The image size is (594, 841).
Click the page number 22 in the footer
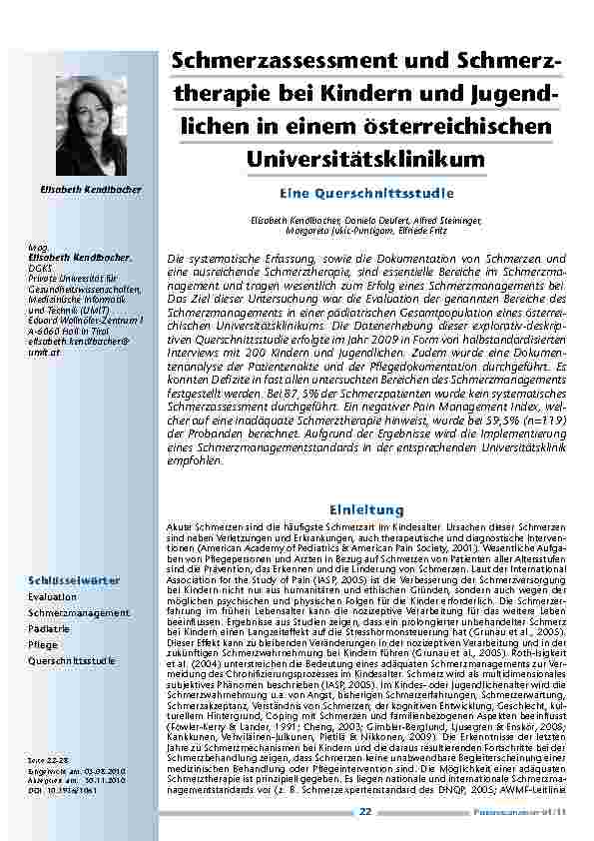click(x=365, y=812)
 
